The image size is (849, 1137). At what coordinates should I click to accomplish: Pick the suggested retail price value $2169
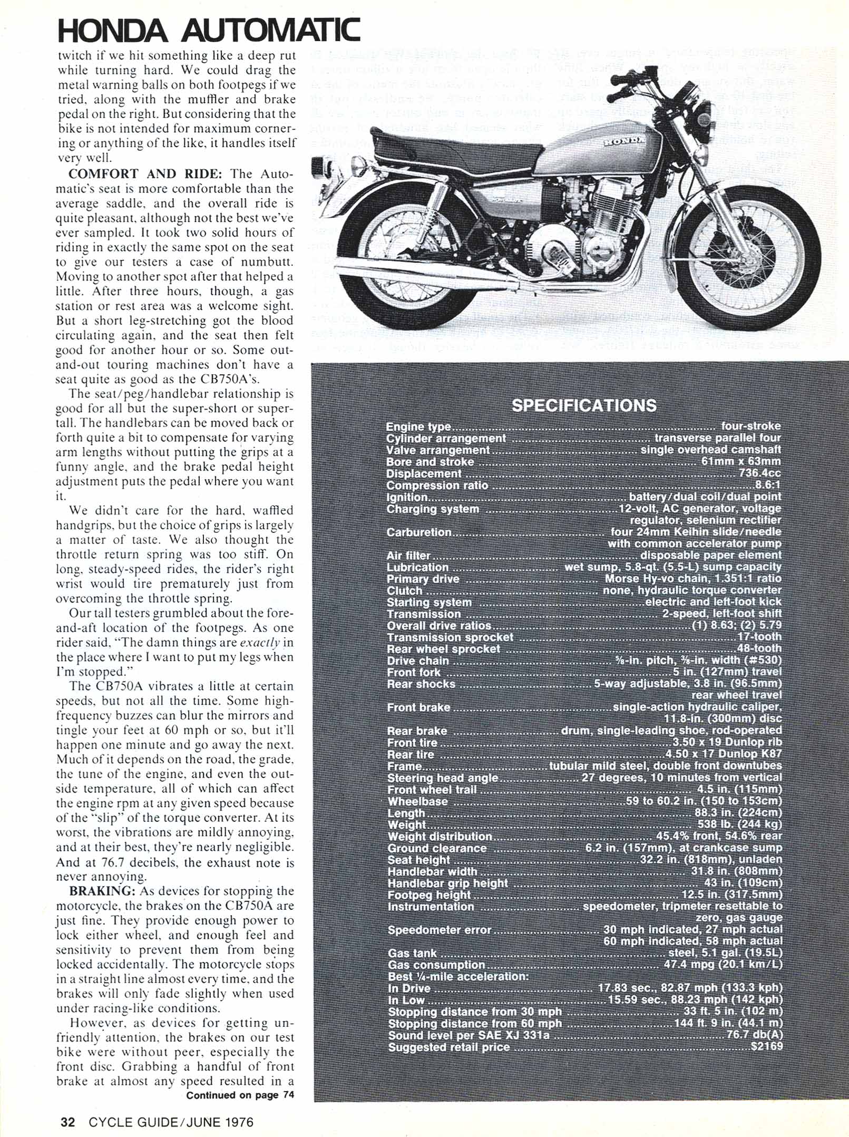point(766,1046)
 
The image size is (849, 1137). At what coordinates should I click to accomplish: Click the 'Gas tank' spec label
point(412,953)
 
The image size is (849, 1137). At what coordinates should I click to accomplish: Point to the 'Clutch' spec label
point(404,590)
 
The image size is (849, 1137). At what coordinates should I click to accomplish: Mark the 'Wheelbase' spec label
point(417,801)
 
